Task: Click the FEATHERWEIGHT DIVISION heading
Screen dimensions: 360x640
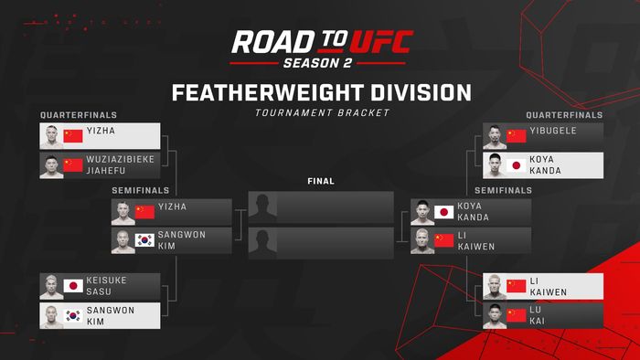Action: (x=321, y=93)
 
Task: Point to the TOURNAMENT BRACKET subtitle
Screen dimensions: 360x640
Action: (x=321, y=112)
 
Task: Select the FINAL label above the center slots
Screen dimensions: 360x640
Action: (x=321, y=181)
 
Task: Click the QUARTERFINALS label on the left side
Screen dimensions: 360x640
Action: (x=78, y=115)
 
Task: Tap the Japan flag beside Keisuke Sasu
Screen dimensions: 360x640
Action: (x=73, y=286)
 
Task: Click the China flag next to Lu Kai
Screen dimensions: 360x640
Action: (x=517, y=315)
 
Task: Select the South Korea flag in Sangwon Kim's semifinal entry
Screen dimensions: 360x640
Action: (x=144, y=241)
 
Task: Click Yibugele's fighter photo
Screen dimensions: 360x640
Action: (x=495, y=136)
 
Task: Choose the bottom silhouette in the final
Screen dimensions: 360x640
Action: (x=262, y=241)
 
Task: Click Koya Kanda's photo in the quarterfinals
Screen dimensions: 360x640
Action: (x=495, y=165)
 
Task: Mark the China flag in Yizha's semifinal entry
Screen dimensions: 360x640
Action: (x=144, y=212)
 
